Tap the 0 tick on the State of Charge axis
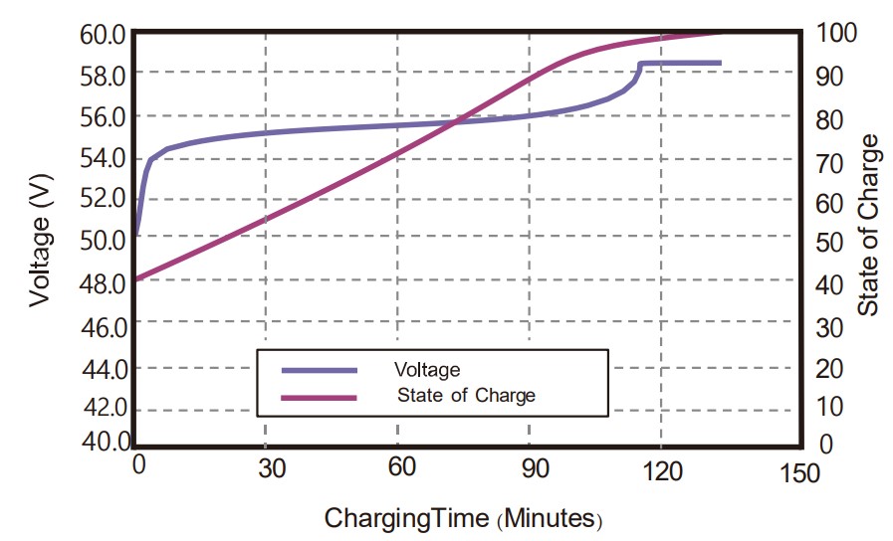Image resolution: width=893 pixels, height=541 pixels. coord(825,445)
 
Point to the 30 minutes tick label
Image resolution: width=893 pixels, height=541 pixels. coord(266,468)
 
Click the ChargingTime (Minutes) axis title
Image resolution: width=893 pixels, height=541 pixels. coord(464,518)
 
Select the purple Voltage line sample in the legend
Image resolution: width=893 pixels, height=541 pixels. coord(319,370)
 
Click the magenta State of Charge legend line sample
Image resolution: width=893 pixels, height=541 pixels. coord(319,396)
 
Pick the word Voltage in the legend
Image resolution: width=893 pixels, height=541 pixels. coord(427,370)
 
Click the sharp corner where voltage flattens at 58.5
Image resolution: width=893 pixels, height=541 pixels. coord(640,64)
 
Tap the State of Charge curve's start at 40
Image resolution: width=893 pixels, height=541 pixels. coord(135,279)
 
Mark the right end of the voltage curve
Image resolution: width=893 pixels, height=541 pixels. coord(720,63)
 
